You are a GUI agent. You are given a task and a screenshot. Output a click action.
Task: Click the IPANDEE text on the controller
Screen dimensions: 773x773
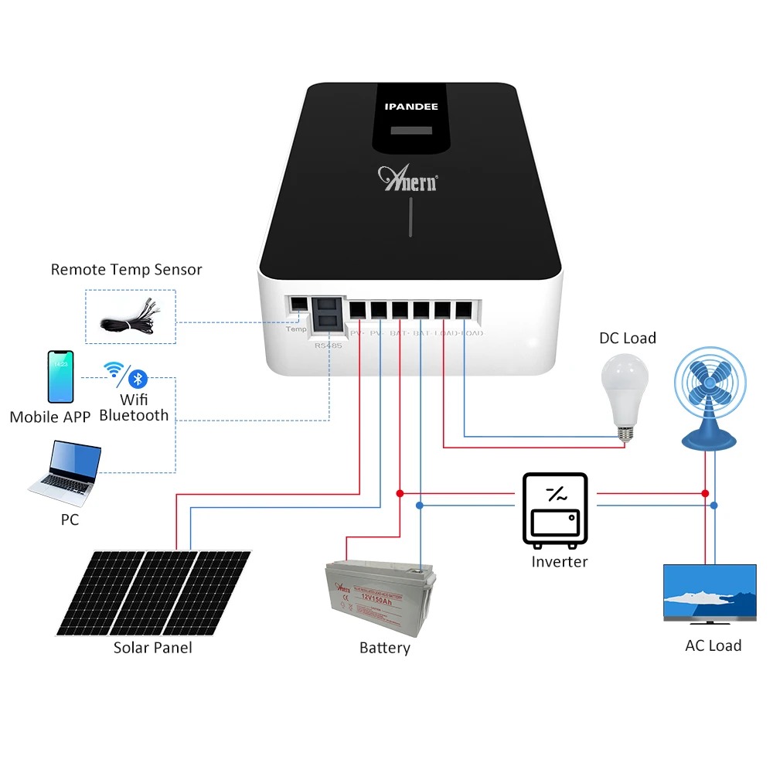tap(411, 107)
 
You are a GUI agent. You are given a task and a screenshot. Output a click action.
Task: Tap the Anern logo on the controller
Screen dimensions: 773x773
tap(407, 178)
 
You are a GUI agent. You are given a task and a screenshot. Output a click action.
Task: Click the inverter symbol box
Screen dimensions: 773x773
tap(555, 508)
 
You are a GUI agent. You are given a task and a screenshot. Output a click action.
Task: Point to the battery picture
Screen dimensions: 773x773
tap(378, 600)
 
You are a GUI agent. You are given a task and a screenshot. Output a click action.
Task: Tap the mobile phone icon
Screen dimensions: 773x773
tap(61, 376)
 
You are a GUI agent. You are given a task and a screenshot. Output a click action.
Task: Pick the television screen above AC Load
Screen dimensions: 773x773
tap(710, 592)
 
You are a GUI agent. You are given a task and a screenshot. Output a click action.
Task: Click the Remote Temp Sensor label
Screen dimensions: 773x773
tap(126, 270)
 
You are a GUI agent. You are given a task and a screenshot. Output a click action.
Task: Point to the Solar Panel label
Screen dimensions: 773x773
tap(152, 648)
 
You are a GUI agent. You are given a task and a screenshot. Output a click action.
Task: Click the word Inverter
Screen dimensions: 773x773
tap(559, 562)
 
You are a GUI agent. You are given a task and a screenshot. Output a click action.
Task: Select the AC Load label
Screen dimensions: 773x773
tap(713, 645)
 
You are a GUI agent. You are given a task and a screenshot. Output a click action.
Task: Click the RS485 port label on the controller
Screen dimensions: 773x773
tap(328, 346)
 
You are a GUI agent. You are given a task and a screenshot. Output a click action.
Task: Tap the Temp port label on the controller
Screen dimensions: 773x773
tap(296, 329)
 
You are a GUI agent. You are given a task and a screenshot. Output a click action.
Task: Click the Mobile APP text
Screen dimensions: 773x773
tap(50, 417)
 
